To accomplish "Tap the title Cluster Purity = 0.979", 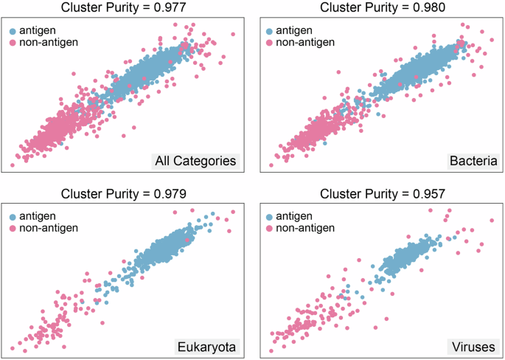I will (123, 194).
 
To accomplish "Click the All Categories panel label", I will (195, 161).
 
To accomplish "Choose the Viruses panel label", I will (472, 346).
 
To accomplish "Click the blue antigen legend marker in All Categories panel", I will (13, 31).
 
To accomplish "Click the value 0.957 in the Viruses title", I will (423, 194).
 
